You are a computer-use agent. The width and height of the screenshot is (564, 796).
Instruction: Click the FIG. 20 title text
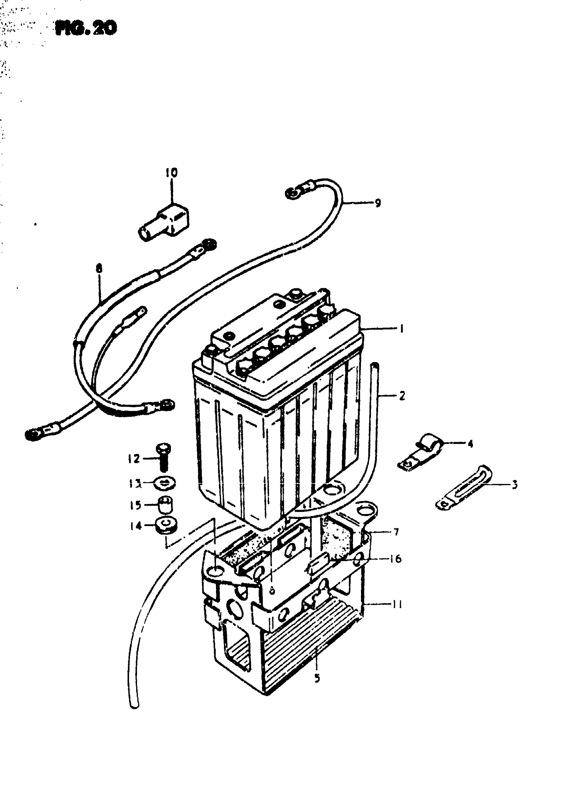[x=86, y=29]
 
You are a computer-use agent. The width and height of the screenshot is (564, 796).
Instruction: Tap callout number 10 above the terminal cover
[x=171, y=173]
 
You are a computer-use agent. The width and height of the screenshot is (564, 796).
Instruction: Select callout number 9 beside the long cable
[x=378, y=203]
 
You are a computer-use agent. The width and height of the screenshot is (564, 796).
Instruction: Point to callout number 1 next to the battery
[x=402, y=328]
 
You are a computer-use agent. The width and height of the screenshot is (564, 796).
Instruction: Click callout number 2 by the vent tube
[x=402, y=396]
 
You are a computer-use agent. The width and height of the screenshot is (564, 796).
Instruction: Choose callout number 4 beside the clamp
[x=470, y=444]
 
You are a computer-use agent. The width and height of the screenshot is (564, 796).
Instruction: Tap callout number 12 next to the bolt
[x=134, y=459]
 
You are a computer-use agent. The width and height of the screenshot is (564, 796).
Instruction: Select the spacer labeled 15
[x=166, y=504]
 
